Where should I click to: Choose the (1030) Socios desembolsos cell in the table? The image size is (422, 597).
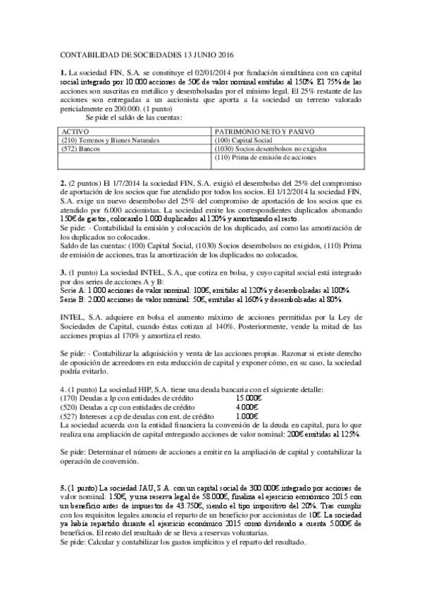point(268,150)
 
